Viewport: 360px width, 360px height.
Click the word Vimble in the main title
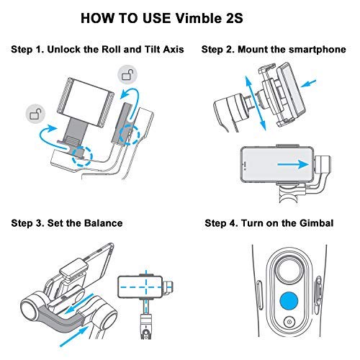tap(197, 18)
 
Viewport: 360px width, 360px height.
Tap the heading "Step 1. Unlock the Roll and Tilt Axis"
tap(97, 50)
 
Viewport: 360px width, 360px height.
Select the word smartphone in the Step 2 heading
tap(318, 50)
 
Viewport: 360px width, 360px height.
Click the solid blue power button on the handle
tap(289, 301)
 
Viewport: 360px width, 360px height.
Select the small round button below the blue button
tap(289, 322)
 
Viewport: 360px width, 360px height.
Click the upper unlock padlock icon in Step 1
tap(127, 74)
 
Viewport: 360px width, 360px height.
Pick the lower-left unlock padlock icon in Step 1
tap(35, 114)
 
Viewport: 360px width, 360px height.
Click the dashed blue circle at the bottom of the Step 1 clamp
tap(83, 156)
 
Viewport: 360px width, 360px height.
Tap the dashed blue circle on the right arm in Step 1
tap(130, 135)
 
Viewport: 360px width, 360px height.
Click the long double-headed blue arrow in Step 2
tap(256, 103)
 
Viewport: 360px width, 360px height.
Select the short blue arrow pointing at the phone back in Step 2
tap(309, 84)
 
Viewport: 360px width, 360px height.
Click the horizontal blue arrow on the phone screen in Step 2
tap(293, 165)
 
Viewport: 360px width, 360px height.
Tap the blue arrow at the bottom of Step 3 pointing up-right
tap(74, 336)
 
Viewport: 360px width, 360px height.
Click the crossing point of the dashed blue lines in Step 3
tap(146, 287)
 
